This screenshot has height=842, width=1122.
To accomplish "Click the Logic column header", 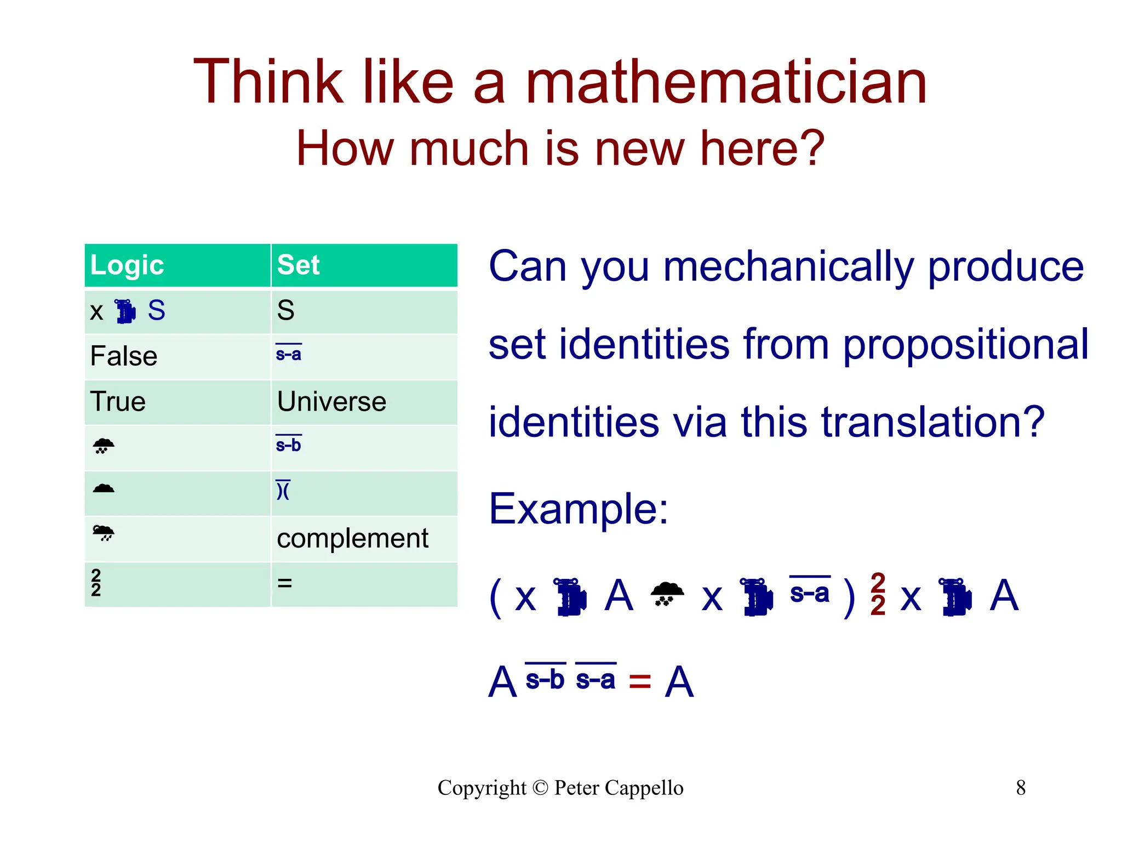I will [127, 265].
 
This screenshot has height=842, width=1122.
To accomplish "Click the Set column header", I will [298, 265].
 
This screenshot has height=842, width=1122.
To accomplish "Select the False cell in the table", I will [124, 356].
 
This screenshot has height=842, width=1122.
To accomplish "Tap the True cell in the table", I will [118, 402].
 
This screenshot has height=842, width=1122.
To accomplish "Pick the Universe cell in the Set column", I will [331, 402].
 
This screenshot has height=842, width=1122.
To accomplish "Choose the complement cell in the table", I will [352, 538].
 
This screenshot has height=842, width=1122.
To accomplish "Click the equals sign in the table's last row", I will [284, 583].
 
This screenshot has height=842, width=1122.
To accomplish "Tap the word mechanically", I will [788, 267].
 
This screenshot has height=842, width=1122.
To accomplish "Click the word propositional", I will [965, 345].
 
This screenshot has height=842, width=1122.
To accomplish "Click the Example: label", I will [579, 509].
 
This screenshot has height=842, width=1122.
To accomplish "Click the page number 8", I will [1021, 788].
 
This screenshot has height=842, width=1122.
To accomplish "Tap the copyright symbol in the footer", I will [540, 788].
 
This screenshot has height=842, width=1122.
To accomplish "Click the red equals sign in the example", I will [639, 681].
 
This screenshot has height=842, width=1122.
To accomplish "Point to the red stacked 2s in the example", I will [878, 595].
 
